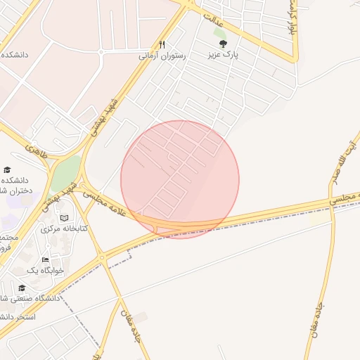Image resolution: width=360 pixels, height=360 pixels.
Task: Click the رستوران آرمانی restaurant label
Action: pos(162,56)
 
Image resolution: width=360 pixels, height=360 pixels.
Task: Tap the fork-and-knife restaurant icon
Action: pos(162,44)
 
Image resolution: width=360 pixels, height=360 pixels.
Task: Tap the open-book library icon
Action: pos(65,218)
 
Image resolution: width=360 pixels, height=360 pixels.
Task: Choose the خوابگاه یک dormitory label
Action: pos(46,270)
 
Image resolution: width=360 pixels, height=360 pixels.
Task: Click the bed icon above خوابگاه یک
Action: pos(46,259)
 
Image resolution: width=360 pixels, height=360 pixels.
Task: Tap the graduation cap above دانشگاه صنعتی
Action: pos(21,288)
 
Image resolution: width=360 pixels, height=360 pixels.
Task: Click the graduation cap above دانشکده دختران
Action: pos(7,169)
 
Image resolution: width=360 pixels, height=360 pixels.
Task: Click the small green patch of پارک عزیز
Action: pos(220,33)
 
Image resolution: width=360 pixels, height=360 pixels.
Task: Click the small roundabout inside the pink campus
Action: pos(101,51)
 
